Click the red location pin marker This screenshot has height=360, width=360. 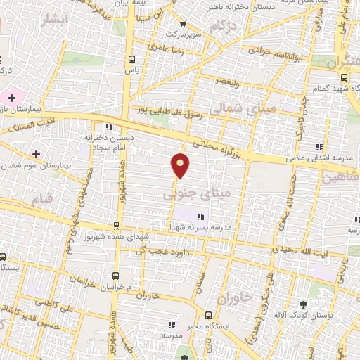(181, 164)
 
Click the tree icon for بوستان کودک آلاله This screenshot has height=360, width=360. (302, 304)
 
